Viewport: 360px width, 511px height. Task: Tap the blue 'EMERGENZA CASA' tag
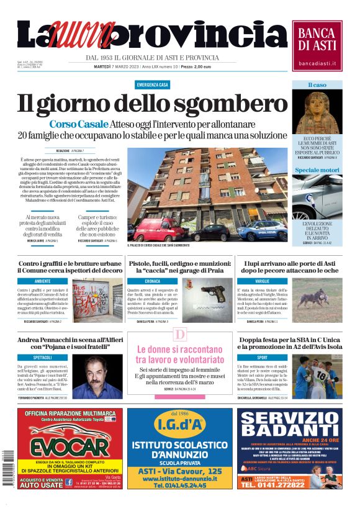click(153, 84)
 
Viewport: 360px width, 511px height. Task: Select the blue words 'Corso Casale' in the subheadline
click(79, 124)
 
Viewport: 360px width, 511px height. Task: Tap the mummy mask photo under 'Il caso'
click(317, 112)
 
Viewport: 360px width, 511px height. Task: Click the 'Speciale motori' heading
click(317, 170)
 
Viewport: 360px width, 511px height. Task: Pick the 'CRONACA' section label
click(153, 281)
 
